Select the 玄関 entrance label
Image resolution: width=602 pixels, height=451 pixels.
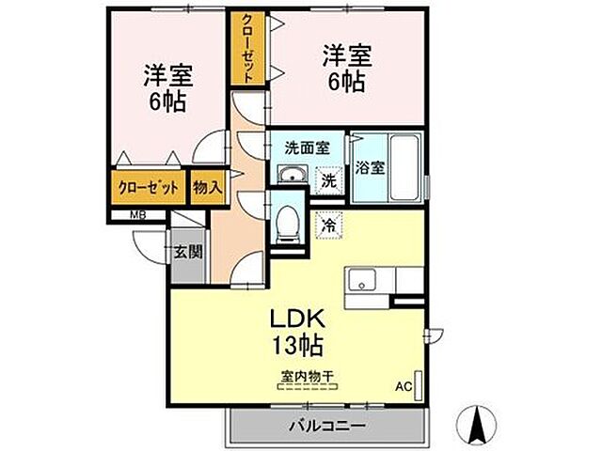point(187,251)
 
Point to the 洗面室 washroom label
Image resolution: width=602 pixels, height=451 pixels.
point(307,148)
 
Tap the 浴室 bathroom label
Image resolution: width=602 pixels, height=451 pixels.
point(370,169)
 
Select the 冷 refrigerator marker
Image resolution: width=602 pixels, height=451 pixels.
point(328,225)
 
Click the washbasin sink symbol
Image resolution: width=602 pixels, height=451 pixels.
point(292,175)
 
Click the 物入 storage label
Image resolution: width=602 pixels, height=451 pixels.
point(207,187)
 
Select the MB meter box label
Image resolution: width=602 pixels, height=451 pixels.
point(136,214)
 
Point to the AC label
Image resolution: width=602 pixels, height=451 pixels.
point(403,385)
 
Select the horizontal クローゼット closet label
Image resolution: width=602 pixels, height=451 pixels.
point(148,187)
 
